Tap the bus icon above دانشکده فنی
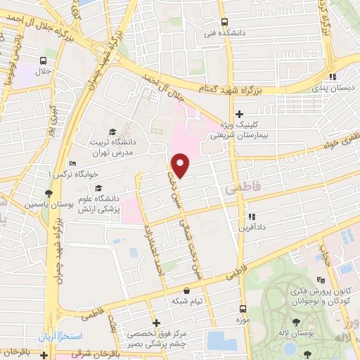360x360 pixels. [224, 22]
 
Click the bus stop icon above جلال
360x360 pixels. [44, 60]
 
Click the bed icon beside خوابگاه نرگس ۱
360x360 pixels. [72, 163]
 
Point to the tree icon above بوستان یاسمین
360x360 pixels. [49, 193]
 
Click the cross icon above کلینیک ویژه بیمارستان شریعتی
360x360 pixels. [239, 114]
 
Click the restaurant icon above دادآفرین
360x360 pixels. [251, 217]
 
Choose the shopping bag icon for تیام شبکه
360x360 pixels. [186, 290]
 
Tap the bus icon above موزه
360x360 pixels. [243, 309]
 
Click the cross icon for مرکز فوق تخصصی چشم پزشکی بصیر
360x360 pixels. [156, 323]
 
